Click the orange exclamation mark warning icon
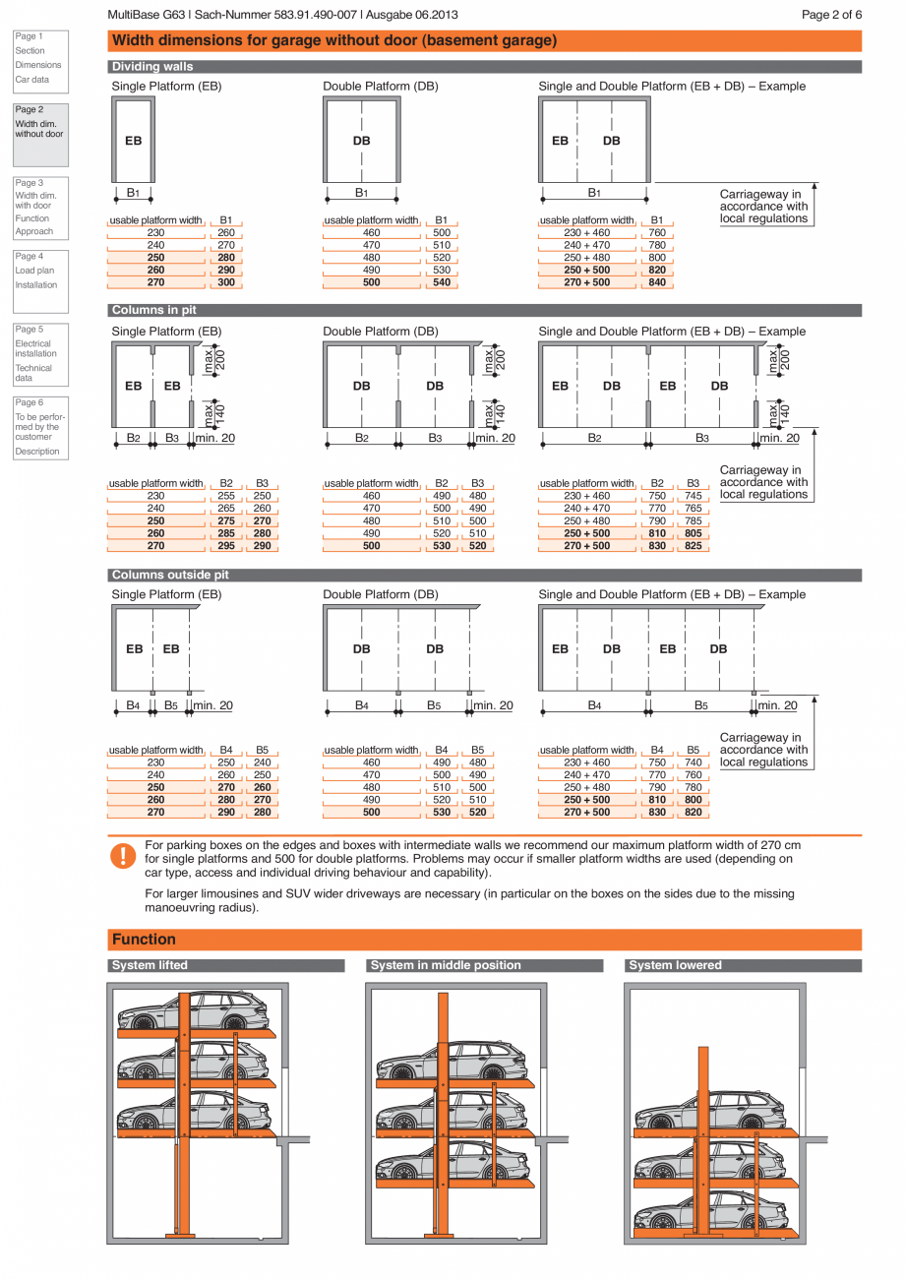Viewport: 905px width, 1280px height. pos(122,855)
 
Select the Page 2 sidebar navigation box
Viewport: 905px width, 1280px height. pos(40,134)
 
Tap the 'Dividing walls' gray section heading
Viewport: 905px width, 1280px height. pos(152,67)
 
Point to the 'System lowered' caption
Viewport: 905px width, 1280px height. pos(675,965)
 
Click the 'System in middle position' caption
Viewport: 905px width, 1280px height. pos(446,965)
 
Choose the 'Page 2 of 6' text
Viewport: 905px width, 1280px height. pos(831,15)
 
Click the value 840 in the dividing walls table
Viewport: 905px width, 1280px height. pos(657,282)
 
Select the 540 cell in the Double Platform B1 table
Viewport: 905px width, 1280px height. pos(442,282)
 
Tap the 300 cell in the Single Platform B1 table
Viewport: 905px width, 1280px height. pos(226,282)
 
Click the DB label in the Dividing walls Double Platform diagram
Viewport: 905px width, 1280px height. pos(362,141)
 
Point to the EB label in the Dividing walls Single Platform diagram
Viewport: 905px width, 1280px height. pos(133,141)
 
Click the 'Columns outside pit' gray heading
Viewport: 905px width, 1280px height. pos(170,575)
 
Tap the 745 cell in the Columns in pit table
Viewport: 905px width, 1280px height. pos(694,496)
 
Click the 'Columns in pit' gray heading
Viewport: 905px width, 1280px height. pos(153,310)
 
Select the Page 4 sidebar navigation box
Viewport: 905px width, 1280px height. pos(40,271)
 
